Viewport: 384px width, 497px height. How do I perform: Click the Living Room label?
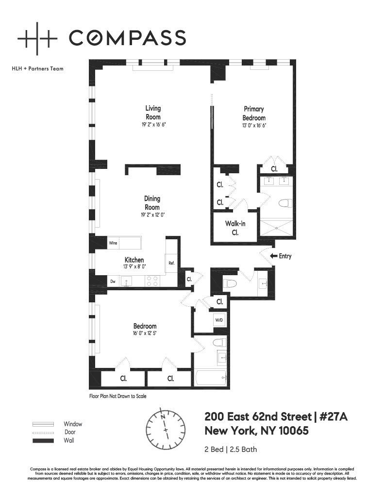[x=153, y=113]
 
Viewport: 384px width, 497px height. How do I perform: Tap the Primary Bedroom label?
[x=254, y=114]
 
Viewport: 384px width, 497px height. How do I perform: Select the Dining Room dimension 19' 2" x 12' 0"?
[x=152, y=215]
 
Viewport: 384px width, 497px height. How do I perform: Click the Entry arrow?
[x=274, y=256]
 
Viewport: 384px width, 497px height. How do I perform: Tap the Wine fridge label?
[x=113, y=243]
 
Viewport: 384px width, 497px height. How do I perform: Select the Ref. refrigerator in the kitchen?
[x=171, y=263]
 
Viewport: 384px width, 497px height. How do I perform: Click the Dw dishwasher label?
[x=113, y=281]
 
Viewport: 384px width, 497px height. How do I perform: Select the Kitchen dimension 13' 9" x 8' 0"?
[x=134, y=267]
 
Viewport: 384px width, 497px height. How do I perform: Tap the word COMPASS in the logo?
[x=127, y=37]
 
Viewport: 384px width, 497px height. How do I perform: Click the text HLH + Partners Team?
[x=37, y=68]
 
